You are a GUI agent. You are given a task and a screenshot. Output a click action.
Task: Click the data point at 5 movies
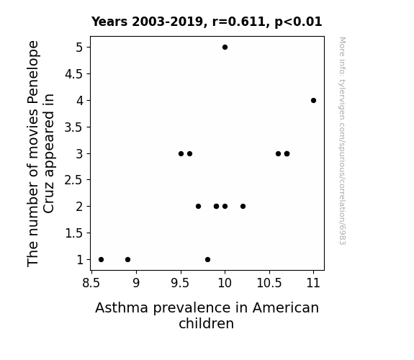click(x=225, y=48)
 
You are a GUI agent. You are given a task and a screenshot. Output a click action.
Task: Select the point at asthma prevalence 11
click(x=313, y=100)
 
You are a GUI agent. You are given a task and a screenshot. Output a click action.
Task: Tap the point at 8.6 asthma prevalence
click(x=101, y=260)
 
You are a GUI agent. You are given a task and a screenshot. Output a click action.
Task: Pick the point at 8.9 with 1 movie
click(x=127, y=260)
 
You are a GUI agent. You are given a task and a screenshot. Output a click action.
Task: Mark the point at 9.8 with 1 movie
click(x=207, y=260)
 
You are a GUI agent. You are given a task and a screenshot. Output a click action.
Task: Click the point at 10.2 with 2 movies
click(x=243, y=207)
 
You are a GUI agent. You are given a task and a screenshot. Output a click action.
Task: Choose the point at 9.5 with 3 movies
click(x=181, y=153)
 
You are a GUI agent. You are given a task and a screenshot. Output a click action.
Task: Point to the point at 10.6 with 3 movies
click(x=278, y=153)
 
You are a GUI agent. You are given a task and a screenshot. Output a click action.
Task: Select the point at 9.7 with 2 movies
click(x=198, y=207)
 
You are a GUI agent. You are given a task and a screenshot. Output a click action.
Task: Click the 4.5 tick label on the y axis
click(x=73, y=74)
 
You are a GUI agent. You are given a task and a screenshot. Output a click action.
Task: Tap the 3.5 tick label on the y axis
click(x=73, y=127)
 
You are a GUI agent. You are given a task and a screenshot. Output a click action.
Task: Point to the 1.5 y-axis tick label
click(x=73, y=233)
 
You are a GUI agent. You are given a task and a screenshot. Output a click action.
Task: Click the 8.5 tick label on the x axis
click(x=91, y=283)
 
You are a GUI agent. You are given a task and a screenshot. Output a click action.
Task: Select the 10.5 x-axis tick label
click(x=269, y=283)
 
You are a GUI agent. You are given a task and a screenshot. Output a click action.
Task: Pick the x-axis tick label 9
click(x=136, y=283)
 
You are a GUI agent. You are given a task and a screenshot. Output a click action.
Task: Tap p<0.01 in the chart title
click(x=298, y=22)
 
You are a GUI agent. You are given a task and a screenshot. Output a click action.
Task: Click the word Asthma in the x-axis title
click(x=122, y=307)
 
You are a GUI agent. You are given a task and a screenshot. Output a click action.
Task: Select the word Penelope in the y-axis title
click(x=33, y=71)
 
